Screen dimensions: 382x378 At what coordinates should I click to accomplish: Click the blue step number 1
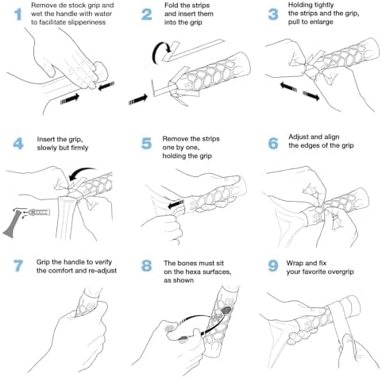point(17,14)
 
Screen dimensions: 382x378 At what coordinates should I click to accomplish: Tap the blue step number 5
point(147,144)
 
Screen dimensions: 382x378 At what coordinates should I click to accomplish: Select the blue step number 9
point(273,266)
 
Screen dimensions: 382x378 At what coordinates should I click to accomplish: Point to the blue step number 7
point(18,265)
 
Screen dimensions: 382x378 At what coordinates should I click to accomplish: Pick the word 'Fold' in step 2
point(171,6)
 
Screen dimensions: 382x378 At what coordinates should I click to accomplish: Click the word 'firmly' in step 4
point(79,148)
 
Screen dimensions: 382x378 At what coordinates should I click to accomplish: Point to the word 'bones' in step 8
point(187,263)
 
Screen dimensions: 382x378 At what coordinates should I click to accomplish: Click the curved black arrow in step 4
point(81,173)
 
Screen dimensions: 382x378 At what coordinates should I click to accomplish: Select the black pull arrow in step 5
point(176,204)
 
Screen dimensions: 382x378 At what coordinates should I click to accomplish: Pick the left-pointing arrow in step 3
point(288,87)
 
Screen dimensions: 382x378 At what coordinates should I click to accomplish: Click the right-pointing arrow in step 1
point(70,98)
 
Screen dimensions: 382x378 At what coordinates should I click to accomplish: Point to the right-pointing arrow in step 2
point(138,99)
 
